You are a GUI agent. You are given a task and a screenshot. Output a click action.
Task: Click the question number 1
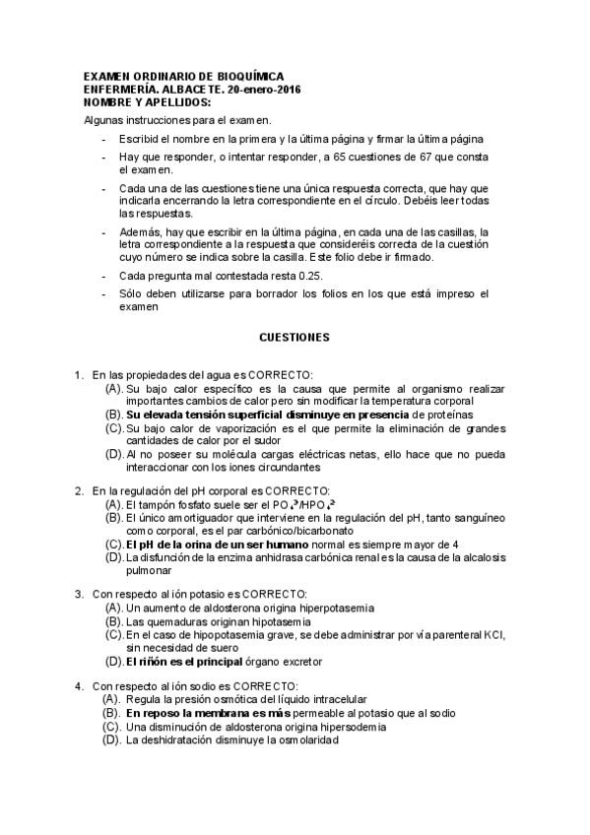tap(79, 375)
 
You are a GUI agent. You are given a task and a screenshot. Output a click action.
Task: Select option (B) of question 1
tap(114, 415)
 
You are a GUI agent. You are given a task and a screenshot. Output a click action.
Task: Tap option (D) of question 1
tap(114, 454)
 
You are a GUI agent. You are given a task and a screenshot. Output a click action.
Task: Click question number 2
tap(79, 490)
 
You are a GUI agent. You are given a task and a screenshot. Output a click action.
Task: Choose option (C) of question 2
tap(114, 544)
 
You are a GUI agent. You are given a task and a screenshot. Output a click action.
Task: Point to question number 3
tap(79, 594)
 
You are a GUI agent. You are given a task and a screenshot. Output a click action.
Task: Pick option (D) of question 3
tap(114, 661)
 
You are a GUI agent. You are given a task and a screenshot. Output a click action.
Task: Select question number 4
tap(79, 685)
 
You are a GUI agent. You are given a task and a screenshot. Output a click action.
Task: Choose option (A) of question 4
tap(114, 698)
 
